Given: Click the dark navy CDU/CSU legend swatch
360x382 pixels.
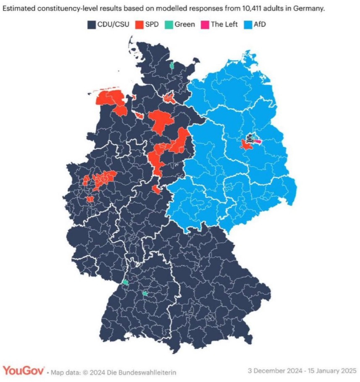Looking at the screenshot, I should coord(91,24).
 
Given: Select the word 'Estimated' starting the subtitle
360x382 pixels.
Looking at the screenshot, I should coord(19,8).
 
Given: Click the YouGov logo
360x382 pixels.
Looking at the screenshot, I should coord(23,370).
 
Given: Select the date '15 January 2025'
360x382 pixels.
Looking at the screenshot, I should coord(331,371).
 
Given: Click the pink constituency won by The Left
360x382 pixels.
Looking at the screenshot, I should coord(258,142).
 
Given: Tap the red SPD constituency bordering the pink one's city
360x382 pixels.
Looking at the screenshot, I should coord(245,145).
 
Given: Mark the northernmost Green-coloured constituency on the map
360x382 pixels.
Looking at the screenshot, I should coord(171,65).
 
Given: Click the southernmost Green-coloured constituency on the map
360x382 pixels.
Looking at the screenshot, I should coord(145,294).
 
